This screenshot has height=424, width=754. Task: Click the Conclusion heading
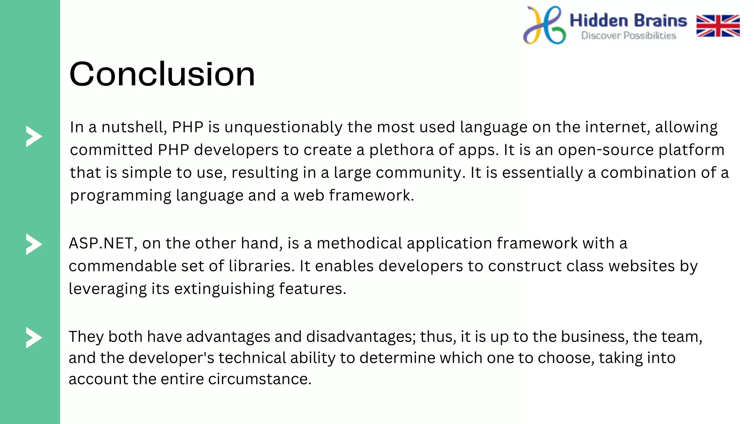click(x=162, y=74)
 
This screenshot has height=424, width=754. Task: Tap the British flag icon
click(x=718, y=26)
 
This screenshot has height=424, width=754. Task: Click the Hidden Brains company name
click(x=628, y=21)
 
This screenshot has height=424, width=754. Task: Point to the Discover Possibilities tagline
click(x=628, y=36)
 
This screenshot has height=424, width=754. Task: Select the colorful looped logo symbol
click(x=544, y=25)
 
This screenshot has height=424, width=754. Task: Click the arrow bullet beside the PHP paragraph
click(x=34, y=137)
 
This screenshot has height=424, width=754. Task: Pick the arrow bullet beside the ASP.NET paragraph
click(x=34, y=244)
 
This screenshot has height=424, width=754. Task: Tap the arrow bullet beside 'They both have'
click(x=34, y=338)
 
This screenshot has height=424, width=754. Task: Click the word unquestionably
click(x=283, y=127)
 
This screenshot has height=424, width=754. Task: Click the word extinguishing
click(x=224, y=289)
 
